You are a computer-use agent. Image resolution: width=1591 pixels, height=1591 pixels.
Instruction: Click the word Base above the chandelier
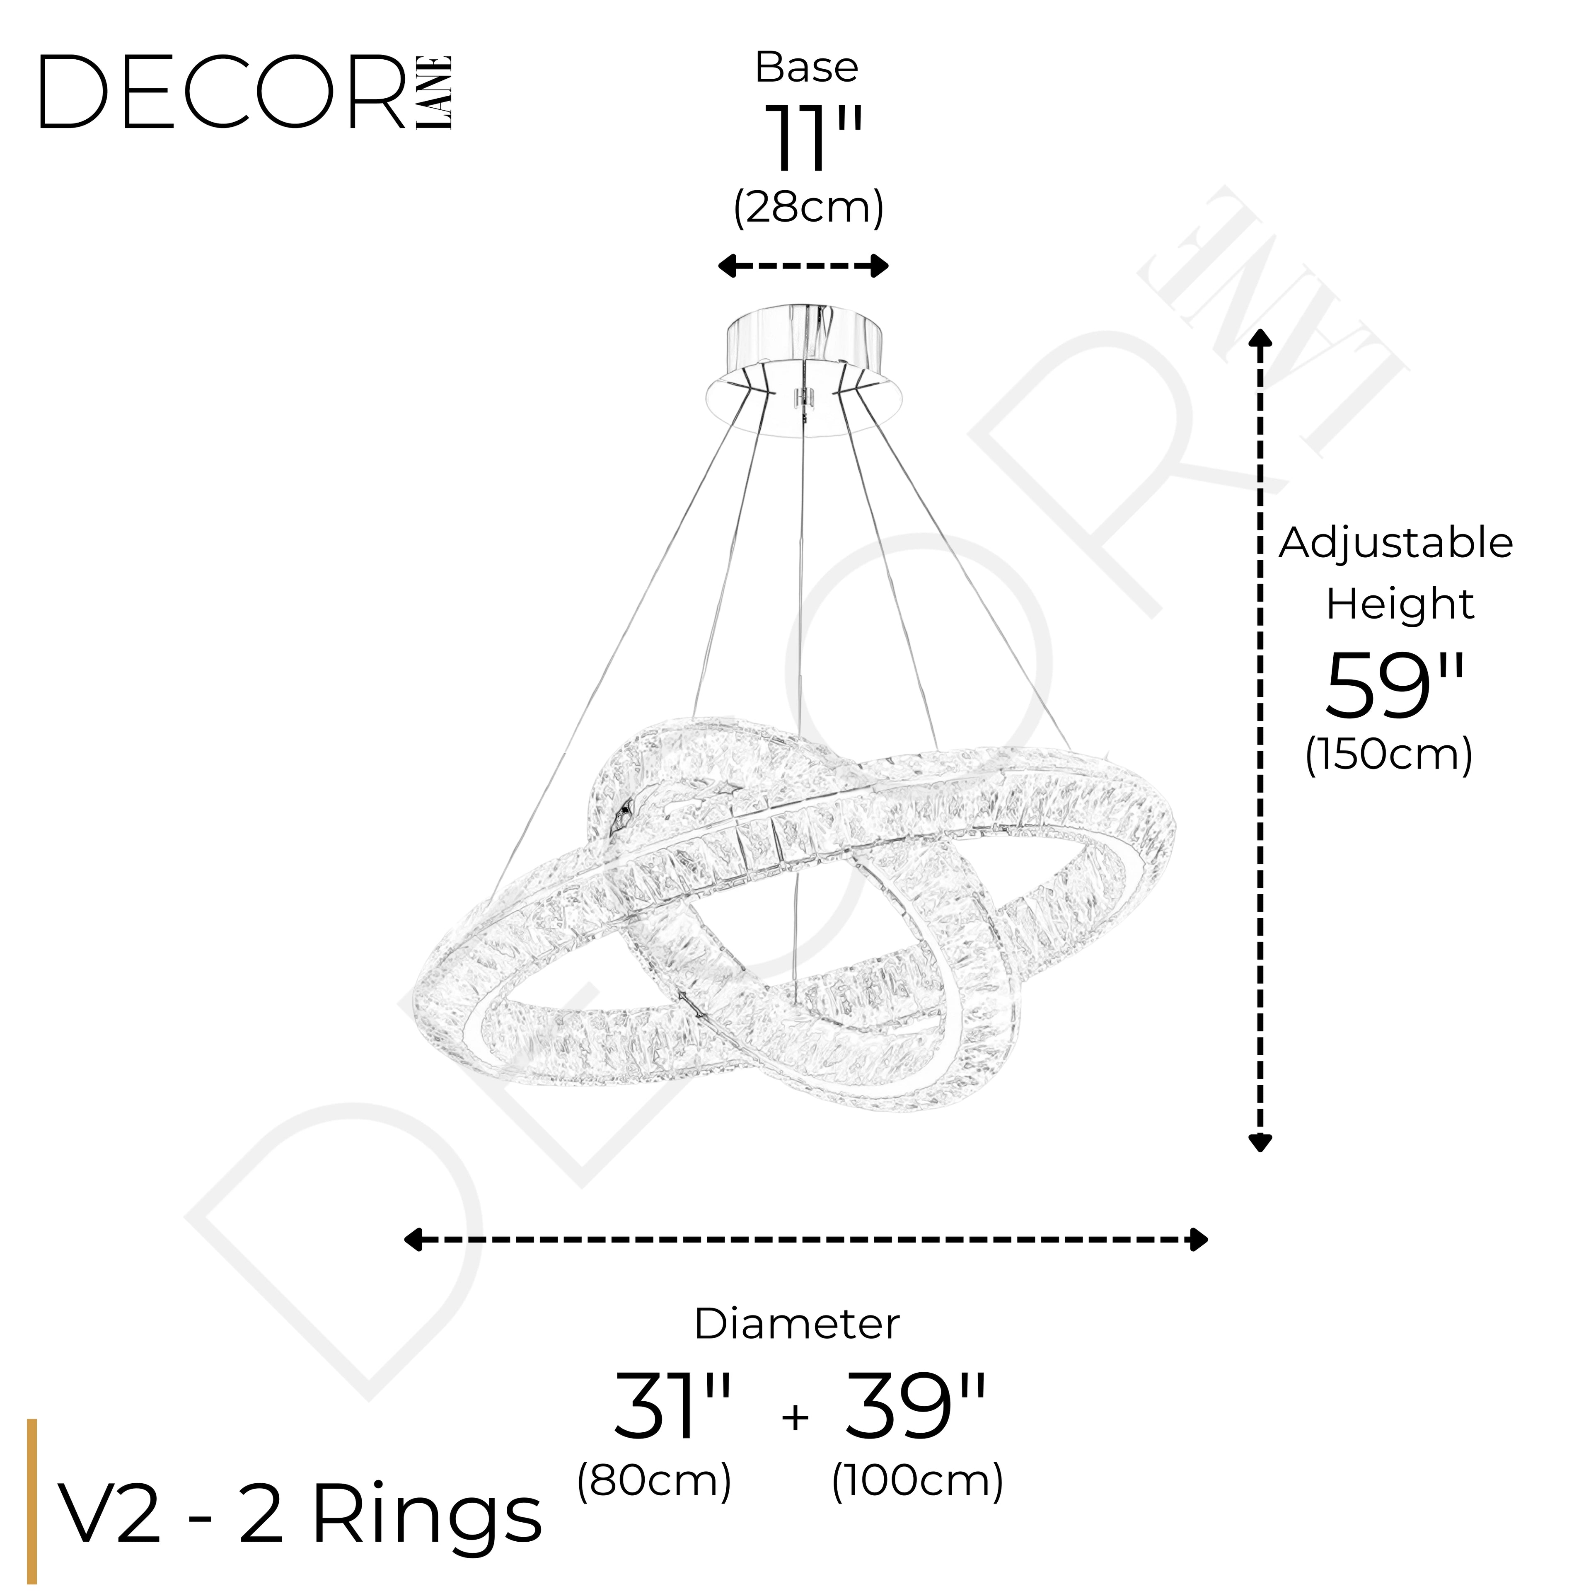[806, 68]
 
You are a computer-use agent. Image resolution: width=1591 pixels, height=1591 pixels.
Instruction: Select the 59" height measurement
[1395, 686]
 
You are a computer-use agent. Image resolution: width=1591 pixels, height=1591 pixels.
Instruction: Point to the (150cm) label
[1388, 754]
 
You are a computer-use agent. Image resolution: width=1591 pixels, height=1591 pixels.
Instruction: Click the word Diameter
[796, 1324]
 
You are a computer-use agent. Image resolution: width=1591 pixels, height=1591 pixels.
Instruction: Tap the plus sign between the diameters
[795, 1417]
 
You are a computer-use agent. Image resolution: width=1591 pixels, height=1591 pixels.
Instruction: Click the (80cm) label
[654, 1481]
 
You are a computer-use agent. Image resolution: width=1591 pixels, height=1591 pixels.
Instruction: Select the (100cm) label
[917, 1481]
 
